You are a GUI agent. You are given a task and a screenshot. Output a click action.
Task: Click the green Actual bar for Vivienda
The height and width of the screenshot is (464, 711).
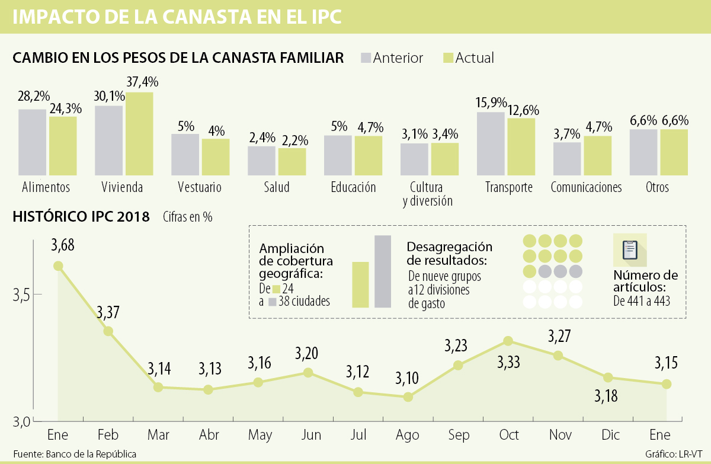click(x=139, y=135)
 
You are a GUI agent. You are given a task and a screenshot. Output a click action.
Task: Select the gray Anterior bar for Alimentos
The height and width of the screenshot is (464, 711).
click(x=32, y=143)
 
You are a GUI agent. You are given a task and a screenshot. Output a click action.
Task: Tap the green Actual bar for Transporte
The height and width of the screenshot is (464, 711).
click(x=521, y=147)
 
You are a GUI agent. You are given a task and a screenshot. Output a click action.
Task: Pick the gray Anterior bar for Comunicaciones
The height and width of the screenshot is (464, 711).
click(x=567, y=159)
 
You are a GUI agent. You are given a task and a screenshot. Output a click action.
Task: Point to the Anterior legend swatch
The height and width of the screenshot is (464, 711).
click(x=366, y=57)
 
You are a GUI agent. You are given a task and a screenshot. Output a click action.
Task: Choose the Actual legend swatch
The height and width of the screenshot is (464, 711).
click(x=448, y=57)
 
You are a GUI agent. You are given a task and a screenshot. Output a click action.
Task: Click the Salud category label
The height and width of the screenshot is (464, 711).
click(x=277, y=188)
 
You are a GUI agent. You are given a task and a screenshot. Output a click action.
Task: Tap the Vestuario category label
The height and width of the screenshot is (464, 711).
click(x=200, y=188)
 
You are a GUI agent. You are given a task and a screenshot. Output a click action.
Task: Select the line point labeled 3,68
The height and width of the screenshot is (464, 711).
click(x=58, y=266)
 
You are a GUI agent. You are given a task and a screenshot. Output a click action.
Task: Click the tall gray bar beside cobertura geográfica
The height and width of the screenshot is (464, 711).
click(x=383, y=271)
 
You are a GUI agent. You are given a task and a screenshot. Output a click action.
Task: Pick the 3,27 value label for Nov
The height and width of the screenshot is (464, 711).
click(x=560, y=337)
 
